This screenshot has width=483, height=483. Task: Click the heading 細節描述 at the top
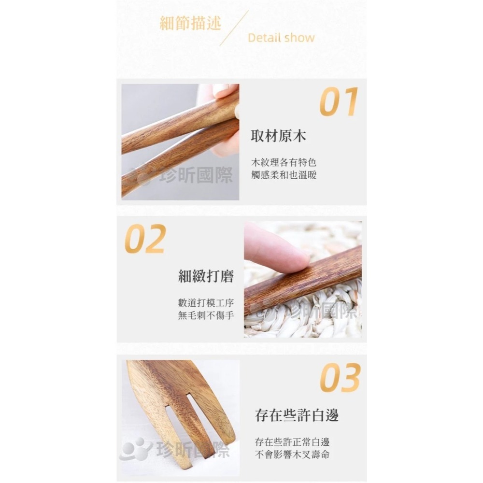click(x=190, y=23)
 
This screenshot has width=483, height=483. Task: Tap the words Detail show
click(x=281, y=38)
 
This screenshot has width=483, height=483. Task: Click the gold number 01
click(x=339, y=102)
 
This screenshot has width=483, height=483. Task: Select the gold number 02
click(x=145, y=239)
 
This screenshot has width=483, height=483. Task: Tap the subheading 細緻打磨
click(x=206, y=276)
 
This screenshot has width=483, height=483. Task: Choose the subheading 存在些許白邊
click(x=297, y=414)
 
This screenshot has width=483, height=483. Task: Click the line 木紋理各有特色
click(x=284, y=162)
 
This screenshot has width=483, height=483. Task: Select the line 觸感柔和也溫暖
click(x=284, y=175)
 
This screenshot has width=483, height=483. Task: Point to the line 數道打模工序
click(x=206, y=303)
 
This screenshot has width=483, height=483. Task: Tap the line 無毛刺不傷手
click(x=206, y=315)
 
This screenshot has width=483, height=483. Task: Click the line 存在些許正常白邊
click(x=293, y=441)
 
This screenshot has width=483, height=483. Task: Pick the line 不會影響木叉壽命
click(x=293, y=454)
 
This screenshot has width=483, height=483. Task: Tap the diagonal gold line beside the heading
click(x=234, y=28)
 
